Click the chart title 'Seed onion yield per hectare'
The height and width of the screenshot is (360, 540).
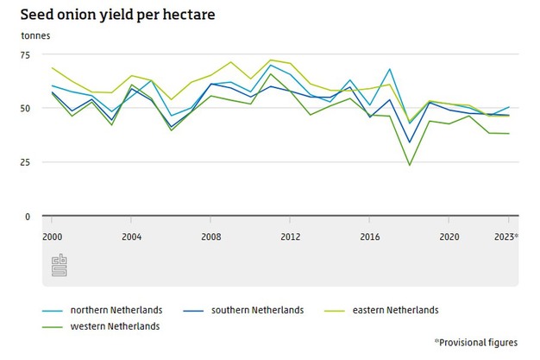(x=124, y=15)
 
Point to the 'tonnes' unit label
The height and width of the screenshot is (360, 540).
(x=35, y=36)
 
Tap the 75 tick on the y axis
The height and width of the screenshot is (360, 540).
(x=24, y=54)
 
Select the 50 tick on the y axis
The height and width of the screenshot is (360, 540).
(x=24, y=109)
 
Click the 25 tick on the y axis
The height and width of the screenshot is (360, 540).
(x=24, y=162)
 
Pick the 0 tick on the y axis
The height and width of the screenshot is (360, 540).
(x=28, y=217)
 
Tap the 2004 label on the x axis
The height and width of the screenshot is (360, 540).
(x=132, y=236)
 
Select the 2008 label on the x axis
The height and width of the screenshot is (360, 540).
(x=211, y=236)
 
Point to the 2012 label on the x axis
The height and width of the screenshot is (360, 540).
(x=290, y=236)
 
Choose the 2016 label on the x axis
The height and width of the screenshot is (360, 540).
(x=369, y=236)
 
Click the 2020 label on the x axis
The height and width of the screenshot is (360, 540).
(x=449, y=236)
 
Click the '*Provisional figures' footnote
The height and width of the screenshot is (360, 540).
(x=476, y=343)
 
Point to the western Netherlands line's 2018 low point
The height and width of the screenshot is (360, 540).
(x=409, y=165)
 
